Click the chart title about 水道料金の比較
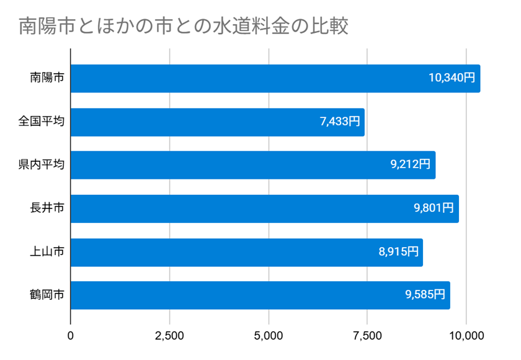pyautogui.click(x=184, y=27)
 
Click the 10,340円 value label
pyautogui.click(x=452, y=79)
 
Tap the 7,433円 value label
pyautogui.click(x=340, y=122)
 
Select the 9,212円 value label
pyautogui.click(x=410, y=165)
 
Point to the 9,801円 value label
pyautogui.click(x=434, y=209)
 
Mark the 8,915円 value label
pyautogui.click(x=398, y=252)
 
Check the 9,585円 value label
pyautogui.click(x=425, y=295)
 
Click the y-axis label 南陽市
pyautogui.click(x=48, y=79)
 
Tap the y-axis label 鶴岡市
pyautogui.click(x=48, y=295)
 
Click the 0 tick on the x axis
pyautogui.click(x=71, y=336)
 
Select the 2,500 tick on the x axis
pyautogui.click(x=169, y=336)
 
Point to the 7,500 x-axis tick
pyautogui.click(x=367, y=336)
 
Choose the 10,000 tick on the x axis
pyautogui.click(x=466, y=336)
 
